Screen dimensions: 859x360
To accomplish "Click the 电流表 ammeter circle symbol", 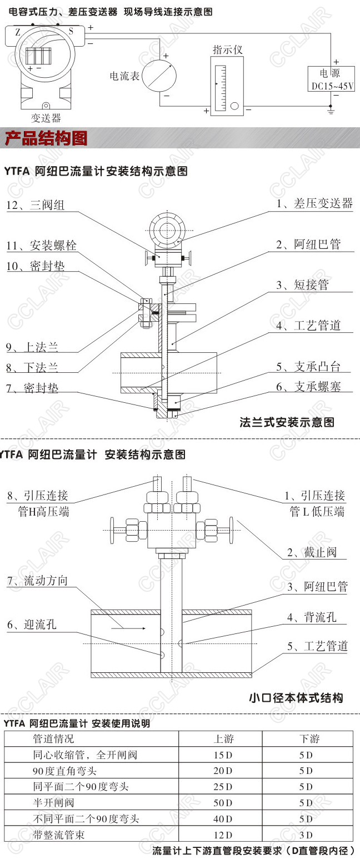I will coord(159,76).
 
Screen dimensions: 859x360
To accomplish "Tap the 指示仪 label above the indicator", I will coord(228,50).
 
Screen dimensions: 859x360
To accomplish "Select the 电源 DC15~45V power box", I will coord(332,79).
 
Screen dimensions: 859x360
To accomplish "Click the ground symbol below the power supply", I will coord(332,112).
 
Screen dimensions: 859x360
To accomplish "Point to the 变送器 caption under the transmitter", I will coord(46,118).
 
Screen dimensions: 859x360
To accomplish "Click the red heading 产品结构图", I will coord(46,138).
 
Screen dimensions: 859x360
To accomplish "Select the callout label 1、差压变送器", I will coord(314,203).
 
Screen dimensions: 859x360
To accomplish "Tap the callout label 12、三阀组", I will coord(36,205).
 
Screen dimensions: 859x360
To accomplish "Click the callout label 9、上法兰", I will coord(32,347).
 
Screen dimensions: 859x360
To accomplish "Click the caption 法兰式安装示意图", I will coord(287,422).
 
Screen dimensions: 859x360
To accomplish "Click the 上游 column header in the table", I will coord(224,739).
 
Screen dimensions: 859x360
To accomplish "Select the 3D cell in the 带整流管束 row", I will coord(306,835).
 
